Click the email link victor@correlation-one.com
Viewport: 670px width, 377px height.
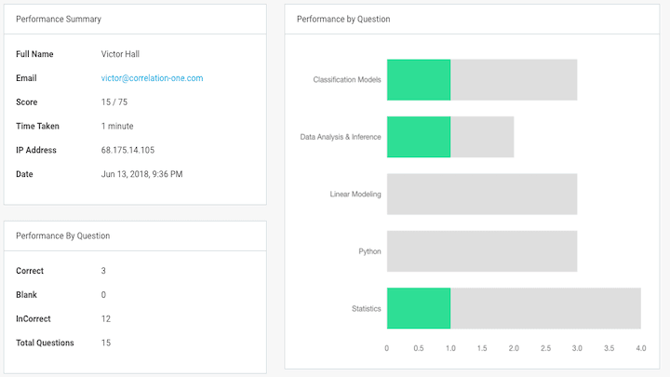[152, 78]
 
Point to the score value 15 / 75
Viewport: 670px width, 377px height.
[114, 102]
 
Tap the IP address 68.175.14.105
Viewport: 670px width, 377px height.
[127, 150]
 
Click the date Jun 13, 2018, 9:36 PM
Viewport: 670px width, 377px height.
[141, 174]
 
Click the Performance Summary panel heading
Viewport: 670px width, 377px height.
[59, 19]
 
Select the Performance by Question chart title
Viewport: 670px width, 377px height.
[343, 19]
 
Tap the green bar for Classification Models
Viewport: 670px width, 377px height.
[419, 80]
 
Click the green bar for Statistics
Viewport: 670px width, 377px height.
[419, 308]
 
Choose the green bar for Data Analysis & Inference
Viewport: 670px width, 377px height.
[419, 137]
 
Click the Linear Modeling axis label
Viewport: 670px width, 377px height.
[355, 195]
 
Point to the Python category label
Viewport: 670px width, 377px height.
[369, 251]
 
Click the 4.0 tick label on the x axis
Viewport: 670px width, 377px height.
[640, 349]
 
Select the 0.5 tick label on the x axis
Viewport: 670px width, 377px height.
[419, 349]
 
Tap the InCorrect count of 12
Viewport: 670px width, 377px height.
[106, 319]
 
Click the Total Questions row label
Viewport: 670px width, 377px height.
[45, 343]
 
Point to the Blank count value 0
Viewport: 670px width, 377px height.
[104, 295]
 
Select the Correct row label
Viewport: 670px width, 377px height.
[30, 271]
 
